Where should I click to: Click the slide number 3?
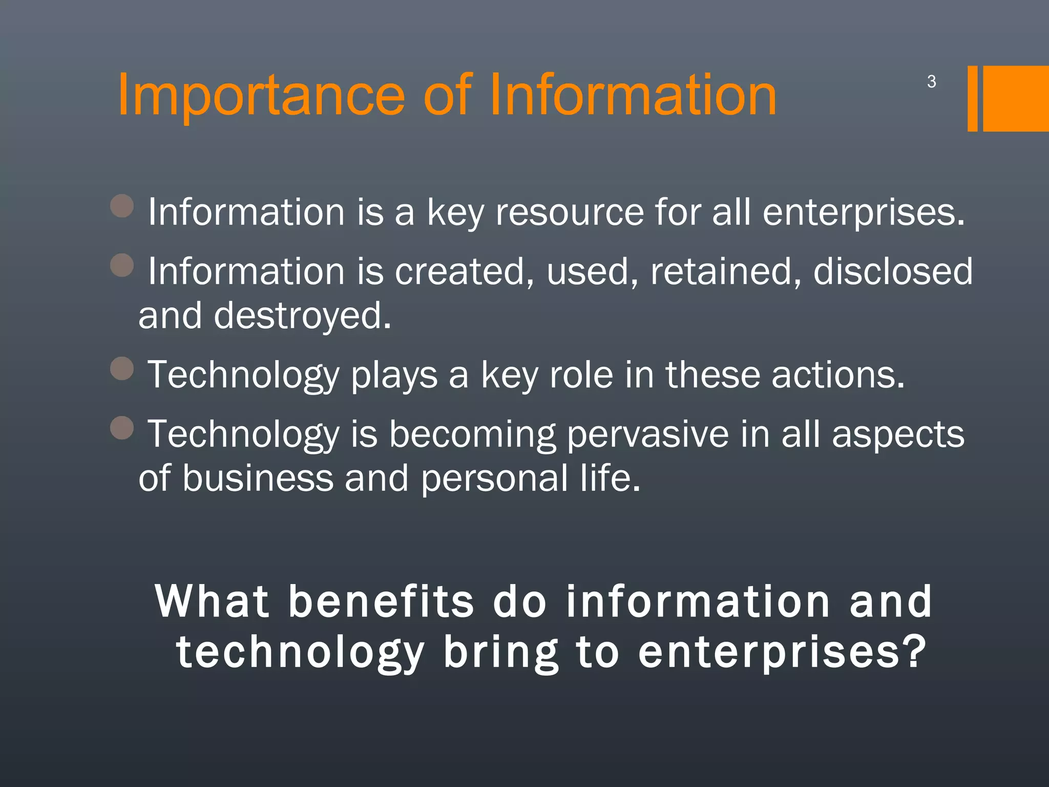click(x=931, y=81)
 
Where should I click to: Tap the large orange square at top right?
click(x=1016, y=98)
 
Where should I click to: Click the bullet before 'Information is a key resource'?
click(x=122, y=206)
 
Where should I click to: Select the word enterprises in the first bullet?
click(x=863, y=213)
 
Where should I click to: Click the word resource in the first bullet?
click(x=569, y=212)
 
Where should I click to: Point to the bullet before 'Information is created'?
click(x=122, y=265)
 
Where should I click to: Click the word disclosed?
click(x=893, y=271)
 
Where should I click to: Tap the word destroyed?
click(x=302, y=316)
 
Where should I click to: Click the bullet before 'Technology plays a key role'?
click(x=122, y=368)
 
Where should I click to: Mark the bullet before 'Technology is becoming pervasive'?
click(x=122, y=428)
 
